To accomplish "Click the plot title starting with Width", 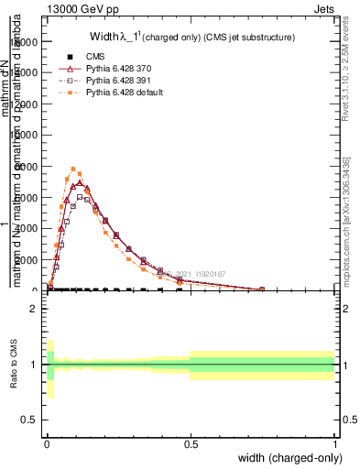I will tap(191, 38).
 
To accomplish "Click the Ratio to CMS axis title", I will tap(13, 364).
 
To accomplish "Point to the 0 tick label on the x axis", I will tap(47, 444).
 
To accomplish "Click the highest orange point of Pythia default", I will tap(73, 169).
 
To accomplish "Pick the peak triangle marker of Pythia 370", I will tap(80, 183).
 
